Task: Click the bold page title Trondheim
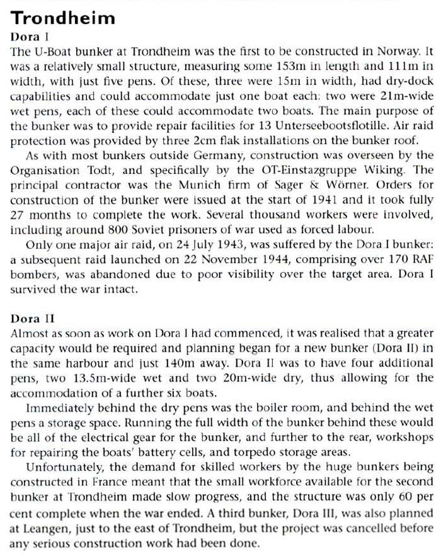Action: (x=64, y=17)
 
